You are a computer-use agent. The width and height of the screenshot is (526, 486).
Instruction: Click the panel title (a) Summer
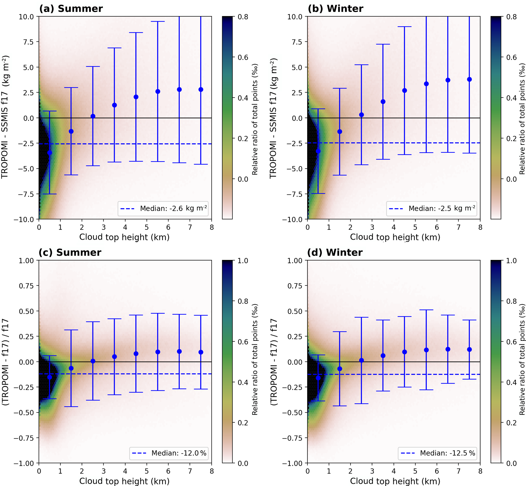[71, 9]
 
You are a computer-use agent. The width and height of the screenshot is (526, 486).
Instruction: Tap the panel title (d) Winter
[335, 253]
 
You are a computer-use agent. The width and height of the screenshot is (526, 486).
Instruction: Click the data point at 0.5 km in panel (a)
[49, 152]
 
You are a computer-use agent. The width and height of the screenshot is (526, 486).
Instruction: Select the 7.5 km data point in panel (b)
[469, 79]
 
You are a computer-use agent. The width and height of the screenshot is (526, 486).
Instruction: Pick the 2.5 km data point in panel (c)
[93, 361]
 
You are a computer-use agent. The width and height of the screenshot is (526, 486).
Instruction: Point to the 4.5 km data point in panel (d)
[405, 352]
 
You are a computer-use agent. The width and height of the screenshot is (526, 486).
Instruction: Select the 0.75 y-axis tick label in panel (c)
[26, 286]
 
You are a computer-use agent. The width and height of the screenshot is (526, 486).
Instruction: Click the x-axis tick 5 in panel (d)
[415, 471]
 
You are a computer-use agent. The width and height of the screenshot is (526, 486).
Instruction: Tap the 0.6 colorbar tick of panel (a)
[243, 57]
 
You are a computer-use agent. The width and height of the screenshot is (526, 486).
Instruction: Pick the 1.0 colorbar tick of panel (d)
[511, 261]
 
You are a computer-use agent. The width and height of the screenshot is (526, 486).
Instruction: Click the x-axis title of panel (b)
[395, 237]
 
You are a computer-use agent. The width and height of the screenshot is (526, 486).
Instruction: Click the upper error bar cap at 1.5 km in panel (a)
[71, 88]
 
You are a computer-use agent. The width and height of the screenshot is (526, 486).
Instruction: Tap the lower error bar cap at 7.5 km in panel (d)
[469, 379]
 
